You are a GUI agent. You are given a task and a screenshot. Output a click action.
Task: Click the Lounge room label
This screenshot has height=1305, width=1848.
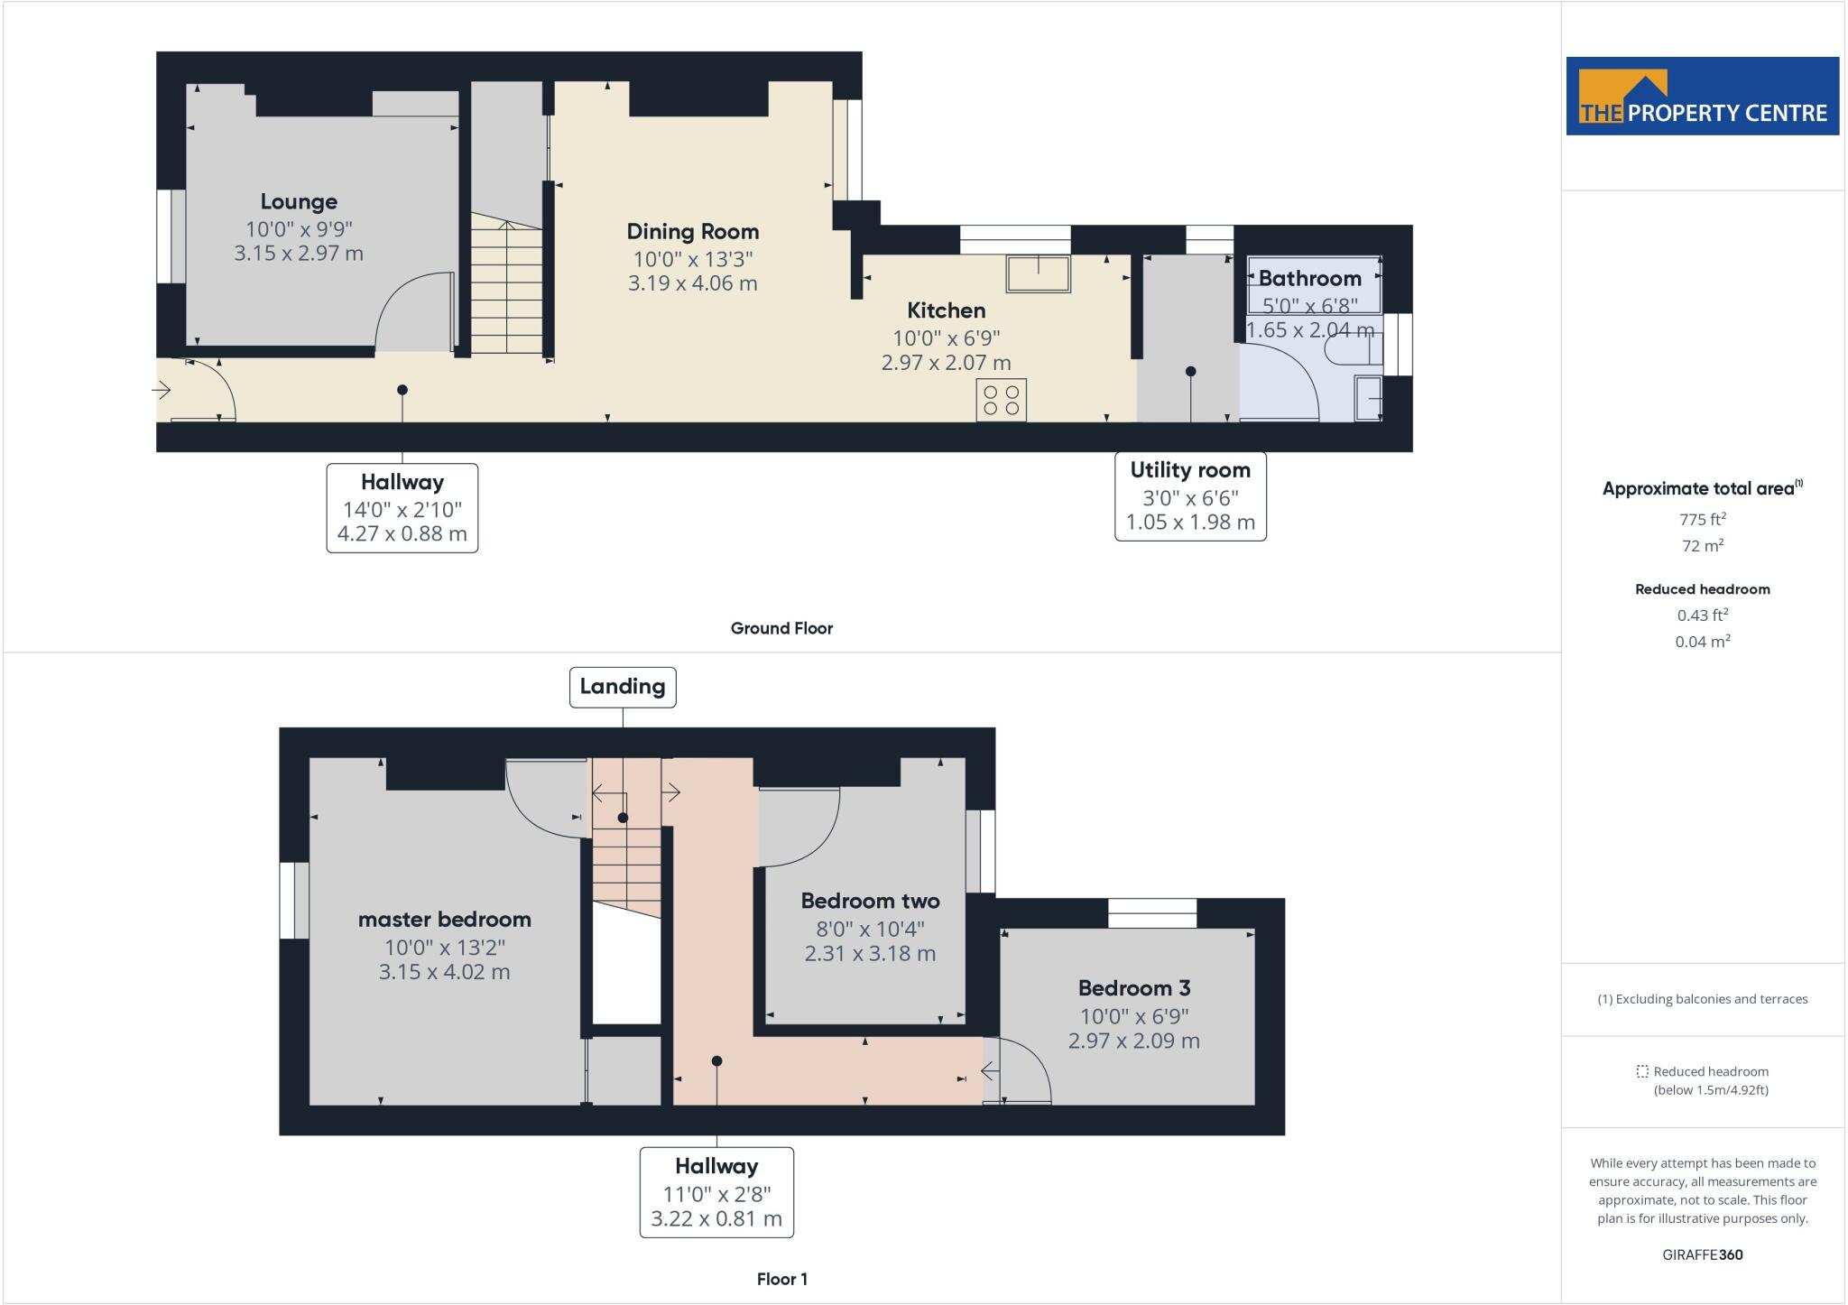pyautogui.click(x=299, y=202)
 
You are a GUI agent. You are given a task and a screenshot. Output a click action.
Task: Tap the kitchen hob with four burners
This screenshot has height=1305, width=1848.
pyautogui.click(x=1001, y=401)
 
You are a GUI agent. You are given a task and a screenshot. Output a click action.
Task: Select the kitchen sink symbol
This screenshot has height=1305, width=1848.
pyautogui.click(x=1038, y=273)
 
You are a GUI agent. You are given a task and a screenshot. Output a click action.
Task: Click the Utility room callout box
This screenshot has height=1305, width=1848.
pyautogui.click(x=1190, y=496)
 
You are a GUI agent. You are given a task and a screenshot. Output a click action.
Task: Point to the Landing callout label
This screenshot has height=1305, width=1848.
pyautogui.click(x=622, y=687)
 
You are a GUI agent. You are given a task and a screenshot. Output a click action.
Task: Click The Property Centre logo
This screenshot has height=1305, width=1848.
pyautogui.click(x=1702, y=97)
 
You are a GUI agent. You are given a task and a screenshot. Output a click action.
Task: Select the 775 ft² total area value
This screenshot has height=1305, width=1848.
pyautogui.click(x=1702, y=519)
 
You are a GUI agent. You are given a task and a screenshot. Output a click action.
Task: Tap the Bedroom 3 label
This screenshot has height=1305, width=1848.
pyautogui.click(x=1133, y=987)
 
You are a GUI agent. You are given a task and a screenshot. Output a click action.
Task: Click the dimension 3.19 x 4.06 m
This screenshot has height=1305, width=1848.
pyautogui.click(x=692, y=283)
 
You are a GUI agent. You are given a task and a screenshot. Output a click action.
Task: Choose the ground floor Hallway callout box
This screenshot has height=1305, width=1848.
pyautogui.click(x=402, y=507)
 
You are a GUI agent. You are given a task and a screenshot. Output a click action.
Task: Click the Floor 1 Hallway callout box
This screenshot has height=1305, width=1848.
pyautogui.click(x=716, y=1191)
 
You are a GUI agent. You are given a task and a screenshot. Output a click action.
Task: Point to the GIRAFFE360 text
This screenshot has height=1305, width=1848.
pyautogui.click(x=1702, y=1254)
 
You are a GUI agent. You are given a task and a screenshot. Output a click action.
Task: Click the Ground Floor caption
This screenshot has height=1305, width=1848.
pyautogui.click(x=781, y=628)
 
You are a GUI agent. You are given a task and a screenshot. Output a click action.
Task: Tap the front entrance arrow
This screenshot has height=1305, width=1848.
pyautogui.click(x=162, y=391)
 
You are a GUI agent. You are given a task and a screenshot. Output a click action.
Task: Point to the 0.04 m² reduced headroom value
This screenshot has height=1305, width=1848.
pyautogui.click(x=1702, y=642)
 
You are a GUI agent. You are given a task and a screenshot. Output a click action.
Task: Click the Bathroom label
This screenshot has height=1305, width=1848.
pyautogui.click(x=1309, y=278)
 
